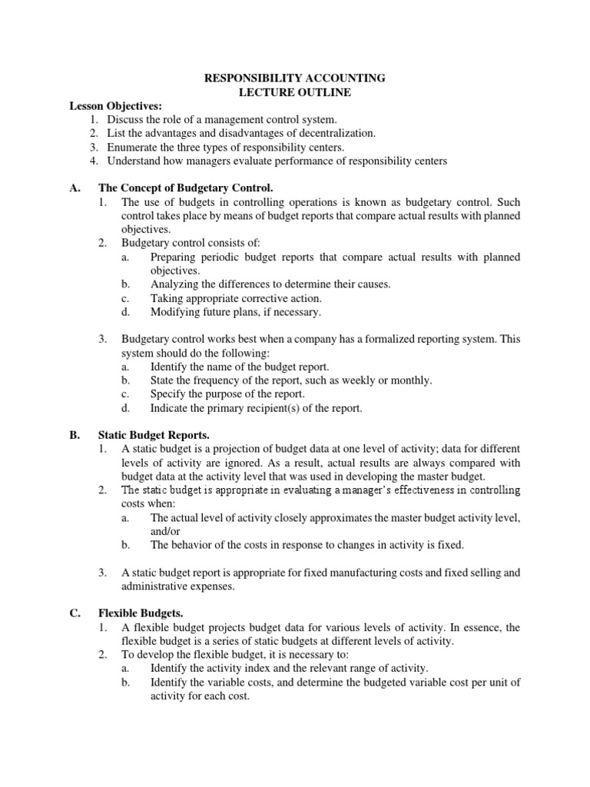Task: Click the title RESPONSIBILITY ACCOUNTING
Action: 293,78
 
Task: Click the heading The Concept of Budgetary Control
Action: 186,188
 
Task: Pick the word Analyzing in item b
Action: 174,284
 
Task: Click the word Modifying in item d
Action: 175,312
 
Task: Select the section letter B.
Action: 74,435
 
